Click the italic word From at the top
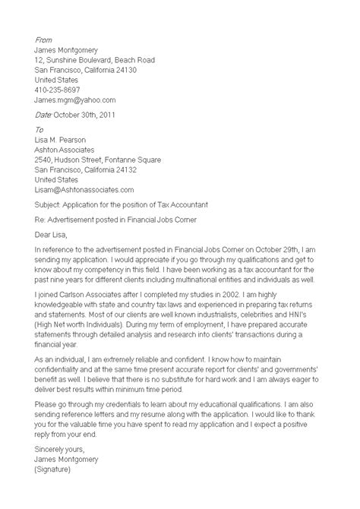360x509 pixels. (x=44, y=39)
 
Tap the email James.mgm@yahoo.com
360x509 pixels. (x=75, y=100)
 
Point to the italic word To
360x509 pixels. (x=39, y=130)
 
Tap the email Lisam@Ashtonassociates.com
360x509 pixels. (x=84, y=189)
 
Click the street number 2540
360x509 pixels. (x=46, y=160)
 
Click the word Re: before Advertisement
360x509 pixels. (x=41, y=220)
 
